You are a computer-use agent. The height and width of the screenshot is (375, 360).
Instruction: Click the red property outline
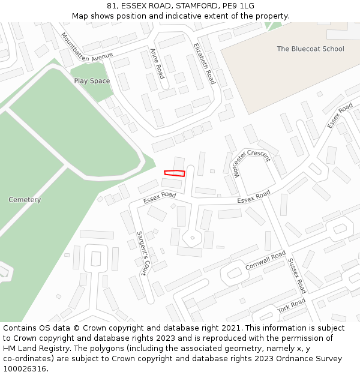[175, 173]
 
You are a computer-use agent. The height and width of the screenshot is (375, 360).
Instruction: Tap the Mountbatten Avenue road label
[86, 46]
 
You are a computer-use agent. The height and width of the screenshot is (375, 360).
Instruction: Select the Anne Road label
[157, 64]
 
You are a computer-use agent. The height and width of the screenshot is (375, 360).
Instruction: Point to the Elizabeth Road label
[204, 64]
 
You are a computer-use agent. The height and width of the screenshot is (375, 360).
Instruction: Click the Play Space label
[92, 80]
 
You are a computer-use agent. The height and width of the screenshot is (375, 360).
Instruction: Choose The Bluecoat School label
[310, 49]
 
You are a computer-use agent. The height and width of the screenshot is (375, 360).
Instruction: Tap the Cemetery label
[25, 199]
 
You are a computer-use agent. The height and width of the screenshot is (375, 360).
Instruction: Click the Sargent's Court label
[142, 253]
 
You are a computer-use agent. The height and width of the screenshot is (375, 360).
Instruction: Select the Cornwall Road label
[265, 261]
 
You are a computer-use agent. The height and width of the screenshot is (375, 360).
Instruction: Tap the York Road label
[292, 305]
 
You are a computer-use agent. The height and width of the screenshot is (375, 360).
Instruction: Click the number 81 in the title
[112, 6]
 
